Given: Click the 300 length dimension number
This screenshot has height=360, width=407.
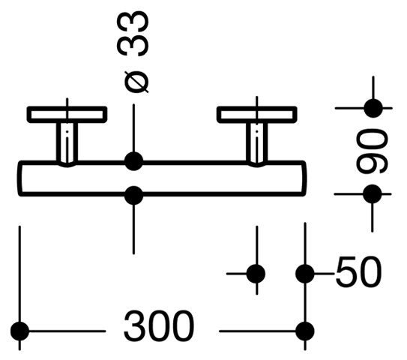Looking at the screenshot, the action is tap(159, 326).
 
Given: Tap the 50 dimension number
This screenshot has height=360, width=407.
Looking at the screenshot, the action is tap(359, 271).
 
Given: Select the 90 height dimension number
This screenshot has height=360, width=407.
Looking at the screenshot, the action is tap(372, 151).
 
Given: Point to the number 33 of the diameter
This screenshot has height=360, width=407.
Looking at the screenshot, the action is tap(133, 34).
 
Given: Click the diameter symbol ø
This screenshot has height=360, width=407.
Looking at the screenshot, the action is tap(136, 82).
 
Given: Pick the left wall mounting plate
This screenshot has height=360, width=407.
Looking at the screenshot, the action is tap(67, 114).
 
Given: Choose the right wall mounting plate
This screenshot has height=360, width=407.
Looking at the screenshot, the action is tap(257, 114).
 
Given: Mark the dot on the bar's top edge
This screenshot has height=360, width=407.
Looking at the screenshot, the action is tap(133, 161).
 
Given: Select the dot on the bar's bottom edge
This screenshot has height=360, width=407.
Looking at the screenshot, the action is tap(133, 195).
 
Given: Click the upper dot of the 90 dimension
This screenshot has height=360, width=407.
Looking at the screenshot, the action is tap(373, 108).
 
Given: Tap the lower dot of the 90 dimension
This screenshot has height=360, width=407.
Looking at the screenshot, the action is tap(373, 194).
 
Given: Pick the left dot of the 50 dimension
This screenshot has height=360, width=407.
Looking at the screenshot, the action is tap(256, 274).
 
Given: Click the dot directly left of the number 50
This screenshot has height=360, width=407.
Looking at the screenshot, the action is tap(305, 274).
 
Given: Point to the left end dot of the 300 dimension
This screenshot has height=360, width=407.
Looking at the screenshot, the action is tap(19, 331).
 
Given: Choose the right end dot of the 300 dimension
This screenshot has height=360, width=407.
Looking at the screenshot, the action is tap(305, 331).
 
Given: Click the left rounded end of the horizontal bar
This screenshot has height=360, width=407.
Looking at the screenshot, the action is tap(19, 178).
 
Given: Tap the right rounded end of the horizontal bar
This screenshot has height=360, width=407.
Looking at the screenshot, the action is tap(304, 178).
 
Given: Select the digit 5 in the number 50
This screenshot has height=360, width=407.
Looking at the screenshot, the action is tap(346, 271).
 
